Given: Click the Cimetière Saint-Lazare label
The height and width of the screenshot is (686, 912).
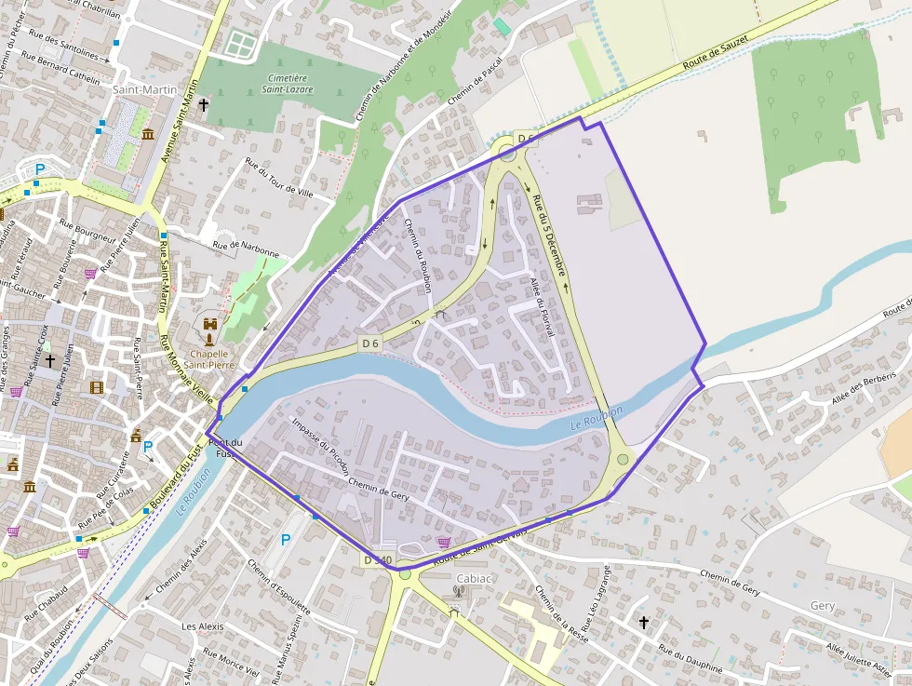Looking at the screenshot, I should (x=288, y=84).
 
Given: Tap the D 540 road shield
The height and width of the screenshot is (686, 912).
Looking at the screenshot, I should (x=378, y=560).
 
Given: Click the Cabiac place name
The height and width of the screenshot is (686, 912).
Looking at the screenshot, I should (x=474, y=578).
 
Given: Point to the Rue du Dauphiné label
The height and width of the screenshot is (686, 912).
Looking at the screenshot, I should (x=691, y=660).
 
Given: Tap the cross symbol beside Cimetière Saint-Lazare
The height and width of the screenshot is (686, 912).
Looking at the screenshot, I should (x=203, y=106).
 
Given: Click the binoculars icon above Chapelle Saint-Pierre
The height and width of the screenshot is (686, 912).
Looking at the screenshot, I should (x=210, y=324).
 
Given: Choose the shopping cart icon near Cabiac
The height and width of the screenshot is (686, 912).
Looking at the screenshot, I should (x=443, y=542).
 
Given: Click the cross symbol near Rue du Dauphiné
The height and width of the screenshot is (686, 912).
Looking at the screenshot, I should (x=643, y=621).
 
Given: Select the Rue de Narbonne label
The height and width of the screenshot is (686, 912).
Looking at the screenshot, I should (x=246, y=248).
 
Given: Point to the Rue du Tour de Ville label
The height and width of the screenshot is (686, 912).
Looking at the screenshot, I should (x=278, y=177).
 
